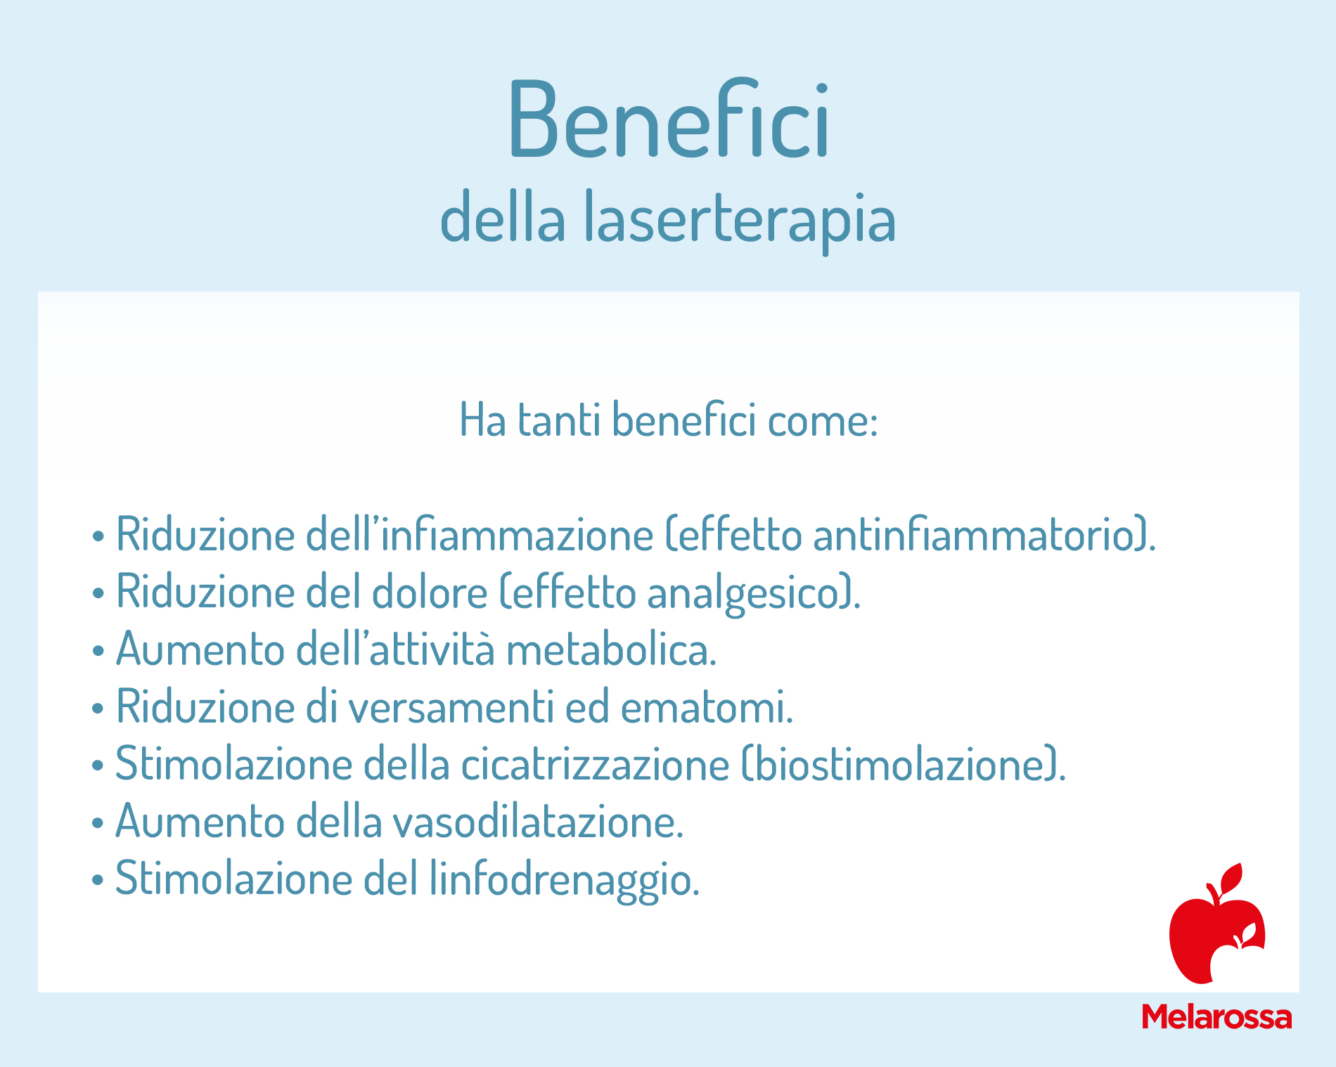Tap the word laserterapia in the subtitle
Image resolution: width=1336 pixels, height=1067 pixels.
(x=740, y=219)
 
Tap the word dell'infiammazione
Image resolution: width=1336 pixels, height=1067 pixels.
(x=480, y=533)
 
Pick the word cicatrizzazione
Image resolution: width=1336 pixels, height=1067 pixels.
(x=596, y=763)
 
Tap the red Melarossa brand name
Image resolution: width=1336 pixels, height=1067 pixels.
(x=1217, y=1017)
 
